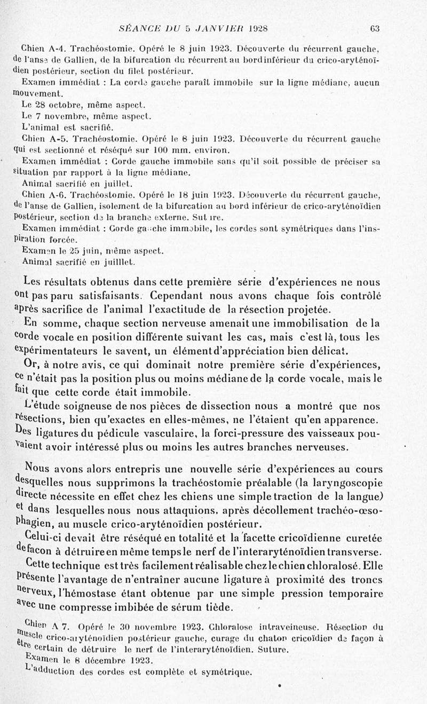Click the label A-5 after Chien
point(59,139)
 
